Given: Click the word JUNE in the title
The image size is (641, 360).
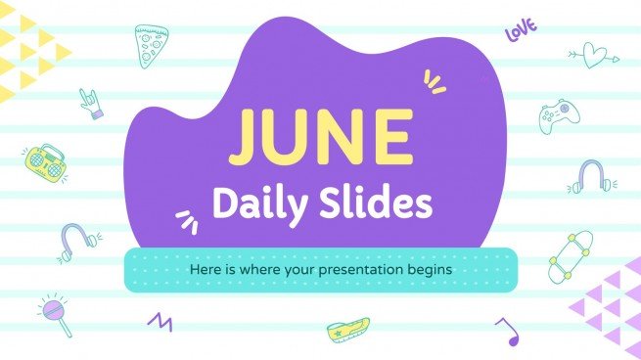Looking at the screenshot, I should click(320, 139).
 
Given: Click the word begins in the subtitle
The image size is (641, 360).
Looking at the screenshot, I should click(433, 267).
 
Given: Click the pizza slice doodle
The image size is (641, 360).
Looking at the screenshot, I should click(149, 46).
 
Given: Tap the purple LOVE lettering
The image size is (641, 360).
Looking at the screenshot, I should click(523, 32).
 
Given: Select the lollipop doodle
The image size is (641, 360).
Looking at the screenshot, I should click(54, 314).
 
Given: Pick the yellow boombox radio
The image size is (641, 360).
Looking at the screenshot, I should click(46, 160).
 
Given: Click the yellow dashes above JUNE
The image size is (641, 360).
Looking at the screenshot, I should click(434, 82).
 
